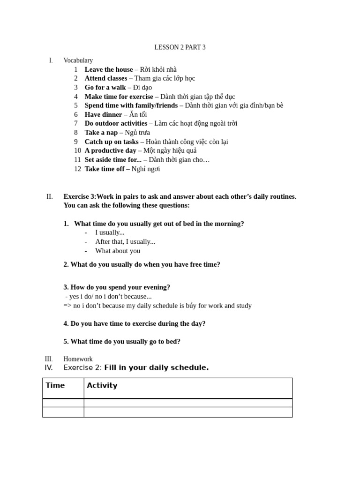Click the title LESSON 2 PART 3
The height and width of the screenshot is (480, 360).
pos(180,47)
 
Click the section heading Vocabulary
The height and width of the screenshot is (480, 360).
pos(78,60)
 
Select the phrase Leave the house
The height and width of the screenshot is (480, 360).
pos(108,69)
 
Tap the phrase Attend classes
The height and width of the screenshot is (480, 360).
pos(105,78)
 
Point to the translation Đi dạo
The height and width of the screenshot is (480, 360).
pos(142,87)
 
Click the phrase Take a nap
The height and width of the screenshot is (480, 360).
pos(101,133)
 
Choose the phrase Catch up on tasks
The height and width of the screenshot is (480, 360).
pos(111,142)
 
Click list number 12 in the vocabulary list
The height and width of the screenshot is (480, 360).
pos(77,169)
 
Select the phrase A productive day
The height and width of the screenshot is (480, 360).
pos(110,150)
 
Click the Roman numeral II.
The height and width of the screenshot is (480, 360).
pos(50,196)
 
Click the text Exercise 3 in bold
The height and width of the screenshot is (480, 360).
pos(79,196)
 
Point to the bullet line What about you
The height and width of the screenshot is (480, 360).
pos(118,251)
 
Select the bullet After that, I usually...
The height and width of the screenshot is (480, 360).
pos(125,241)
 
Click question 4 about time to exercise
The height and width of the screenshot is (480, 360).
pos(135,323)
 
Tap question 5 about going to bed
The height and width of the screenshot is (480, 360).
pos(122,342)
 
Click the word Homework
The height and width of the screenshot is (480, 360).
pos(78,359)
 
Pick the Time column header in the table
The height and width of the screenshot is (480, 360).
pos(55,385)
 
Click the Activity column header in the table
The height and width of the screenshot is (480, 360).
pos(102,385)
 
